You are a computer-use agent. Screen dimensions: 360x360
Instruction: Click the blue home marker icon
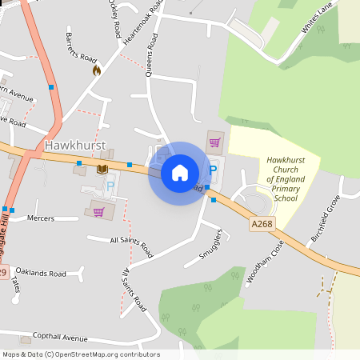click(180, 172)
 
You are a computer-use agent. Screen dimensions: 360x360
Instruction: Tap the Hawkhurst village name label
click(77, 146)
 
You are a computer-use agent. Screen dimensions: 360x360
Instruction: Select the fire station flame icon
click(97, 70)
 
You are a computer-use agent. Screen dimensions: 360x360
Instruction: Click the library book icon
click(102, 168)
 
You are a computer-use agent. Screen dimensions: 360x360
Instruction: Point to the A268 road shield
click(262, 225)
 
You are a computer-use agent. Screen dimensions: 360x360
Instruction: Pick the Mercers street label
click(41, 218)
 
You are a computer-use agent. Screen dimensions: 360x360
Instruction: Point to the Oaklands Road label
click(40, 273)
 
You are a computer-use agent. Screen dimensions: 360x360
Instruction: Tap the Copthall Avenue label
click(60, 337)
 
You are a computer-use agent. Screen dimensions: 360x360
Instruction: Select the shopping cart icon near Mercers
click(98, 212)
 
